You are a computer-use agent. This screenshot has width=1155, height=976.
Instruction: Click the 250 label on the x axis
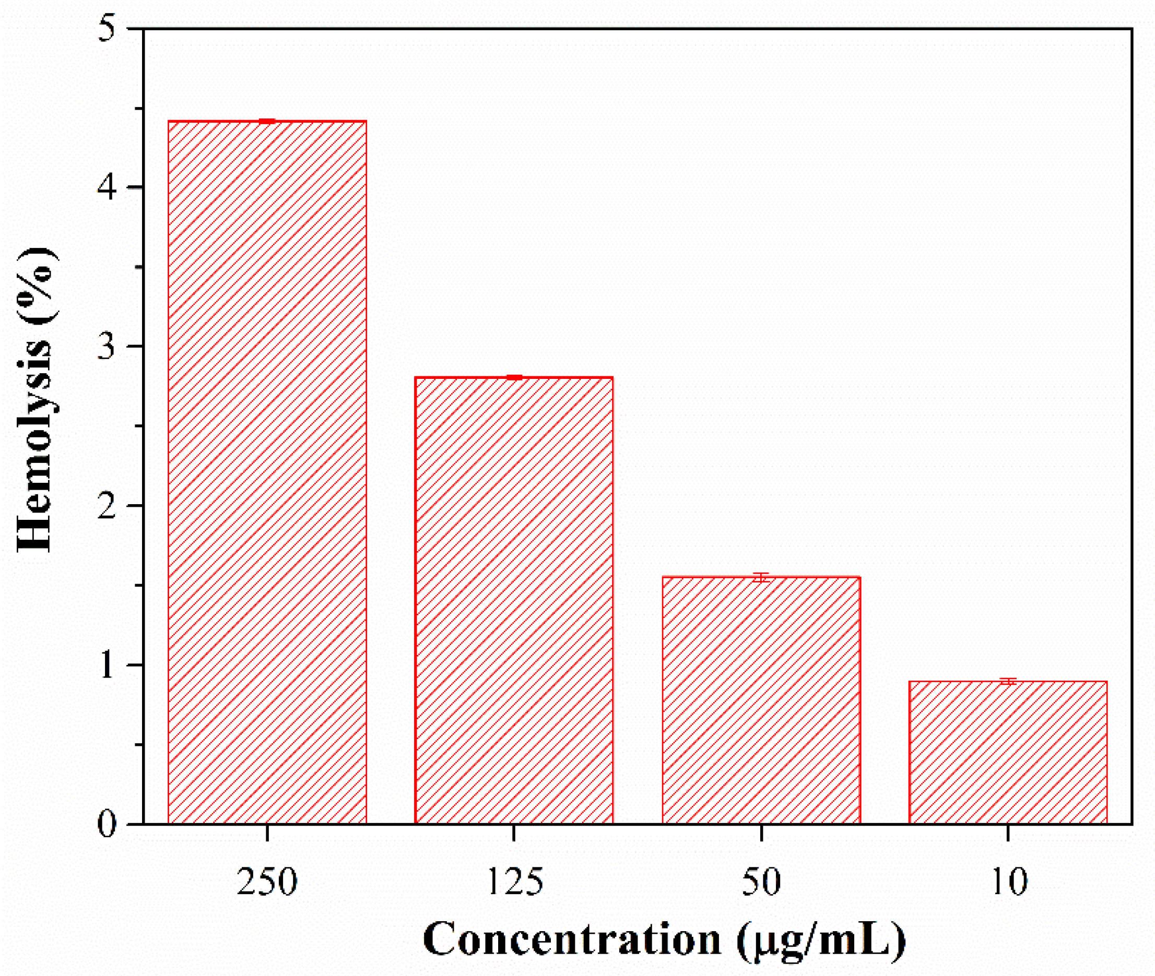(267, 882)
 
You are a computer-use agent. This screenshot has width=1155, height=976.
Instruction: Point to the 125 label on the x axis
(514, 882)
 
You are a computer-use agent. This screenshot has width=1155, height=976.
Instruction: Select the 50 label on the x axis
(761, 882)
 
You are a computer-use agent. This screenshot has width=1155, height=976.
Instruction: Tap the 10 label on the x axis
(1008, 882)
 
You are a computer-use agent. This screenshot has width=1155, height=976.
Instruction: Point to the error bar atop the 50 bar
(761, 578)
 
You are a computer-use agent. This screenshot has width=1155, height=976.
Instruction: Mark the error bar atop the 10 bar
(1008, 682)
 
